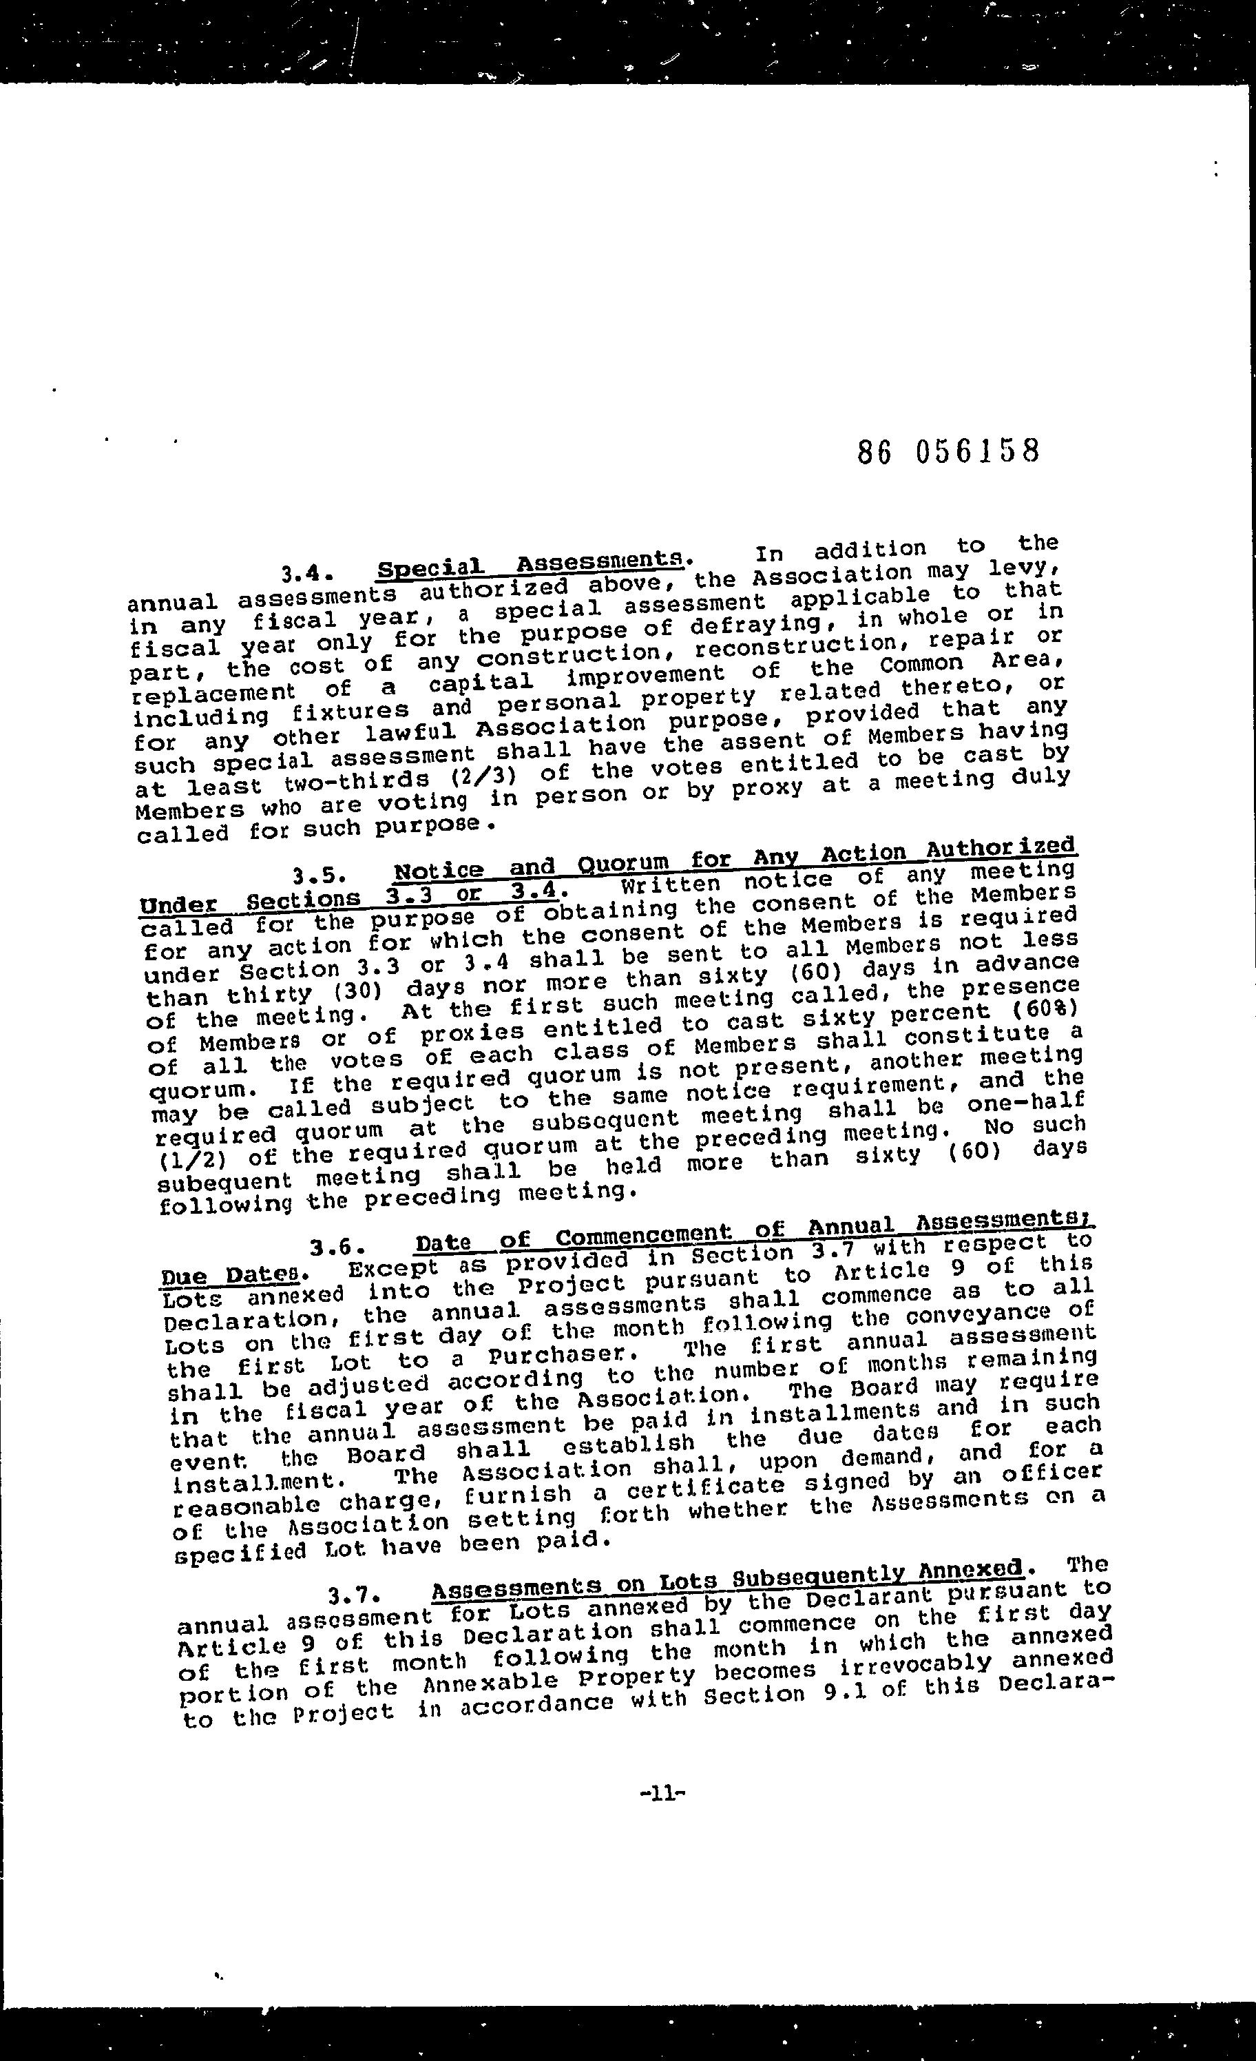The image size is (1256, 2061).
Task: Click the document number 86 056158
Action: click(948, 452)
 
